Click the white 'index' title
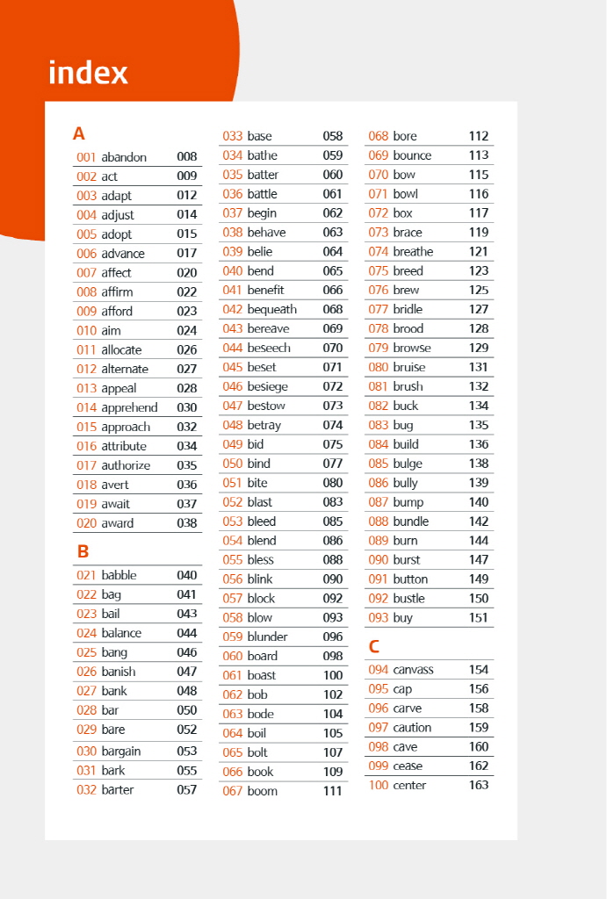[88, 73]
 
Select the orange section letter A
[79, 134]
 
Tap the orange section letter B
[83, 552]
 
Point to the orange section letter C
[374, 648]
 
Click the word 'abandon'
[124, 157]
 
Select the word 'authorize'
[126, 465]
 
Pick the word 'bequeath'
[272, 309]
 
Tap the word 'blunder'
[268, 636]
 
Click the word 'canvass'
[414, 670]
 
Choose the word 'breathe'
[414, 251]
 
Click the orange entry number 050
[233, 464]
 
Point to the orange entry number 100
[379, 785]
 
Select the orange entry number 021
[87, 575]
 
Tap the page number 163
[479, 785]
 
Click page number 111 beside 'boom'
[333, 791]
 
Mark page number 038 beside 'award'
[187, 523]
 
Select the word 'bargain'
[121, 751]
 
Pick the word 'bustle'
[409, 598]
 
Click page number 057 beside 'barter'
[187, 789]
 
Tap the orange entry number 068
[379, 136]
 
